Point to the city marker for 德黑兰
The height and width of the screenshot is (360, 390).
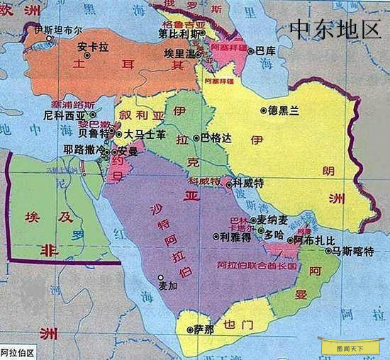(x=262, y=111)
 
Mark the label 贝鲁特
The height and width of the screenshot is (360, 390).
(x=94, y=133)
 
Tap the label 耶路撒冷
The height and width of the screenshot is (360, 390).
(x=82, y=150)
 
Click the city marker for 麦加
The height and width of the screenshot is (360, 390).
(x=161, y=277)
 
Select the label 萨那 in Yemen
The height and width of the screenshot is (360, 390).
(x=203, y=330)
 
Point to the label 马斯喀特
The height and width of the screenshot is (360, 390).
(x=352, y=250)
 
